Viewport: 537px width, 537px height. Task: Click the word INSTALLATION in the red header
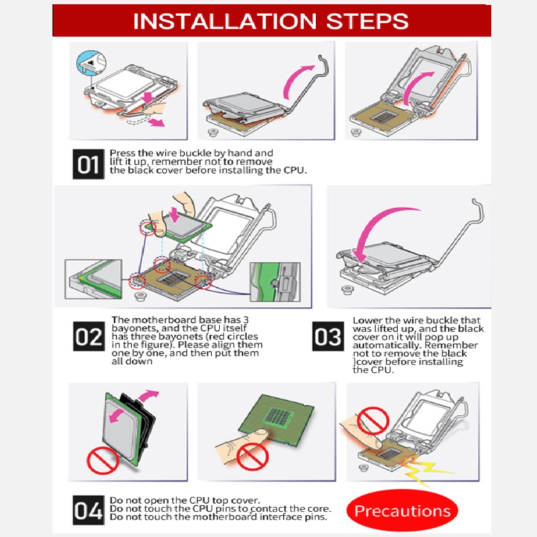click(x=225, y=21)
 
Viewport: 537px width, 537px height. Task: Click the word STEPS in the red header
click(x=367, y=21)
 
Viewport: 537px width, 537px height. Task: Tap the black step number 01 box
click(x=89, y=164)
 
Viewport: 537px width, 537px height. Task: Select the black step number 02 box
click(x=89, y=336)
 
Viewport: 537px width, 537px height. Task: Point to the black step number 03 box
click(x=328, y=336)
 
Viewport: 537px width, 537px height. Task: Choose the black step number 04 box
click(x=89, y=510)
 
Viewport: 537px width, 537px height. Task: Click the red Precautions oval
click(x=402, y=511)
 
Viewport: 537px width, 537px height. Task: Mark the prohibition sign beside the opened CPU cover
click(x=103, y=460)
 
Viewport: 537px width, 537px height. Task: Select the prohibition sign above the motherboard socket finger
click(x=373, y=421)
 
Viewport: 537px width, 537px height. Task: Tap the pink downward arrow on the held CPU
click(x=175, y=214)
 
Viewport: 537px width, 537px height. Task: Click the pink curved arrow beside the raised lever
click(x=297, y=81)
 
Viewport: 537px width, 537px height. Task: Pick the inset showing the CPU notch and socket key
click(x=275, y=282)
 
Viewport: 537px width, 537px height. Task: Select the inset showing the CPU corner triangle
click(x=93, y=279)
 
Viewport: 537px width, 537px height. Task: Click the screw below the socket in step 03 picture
click(x=347, y=290)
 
